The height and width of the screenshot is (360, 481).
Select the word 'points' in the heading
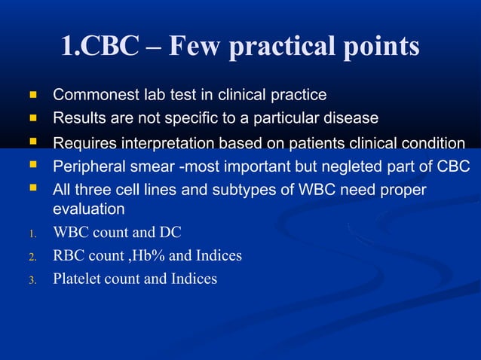coord(382,47)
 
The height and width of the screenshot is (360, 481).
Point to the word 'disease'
coord(351,118)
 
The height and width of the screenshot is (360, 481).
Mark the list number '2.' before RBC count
coord(32,257)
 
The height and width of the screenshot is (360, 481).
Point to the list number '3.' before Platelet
coord(32,280)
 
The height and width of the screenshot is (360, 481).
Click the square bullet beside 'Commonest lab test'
coord(32,96)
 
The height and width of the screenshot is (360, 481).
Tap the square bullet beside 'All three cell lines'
coord(32,188)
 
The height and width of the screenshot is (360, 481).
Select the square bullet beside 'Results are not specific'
coord(32,118)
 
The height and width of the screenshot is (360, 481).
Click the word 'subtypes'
coord(240,188)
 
